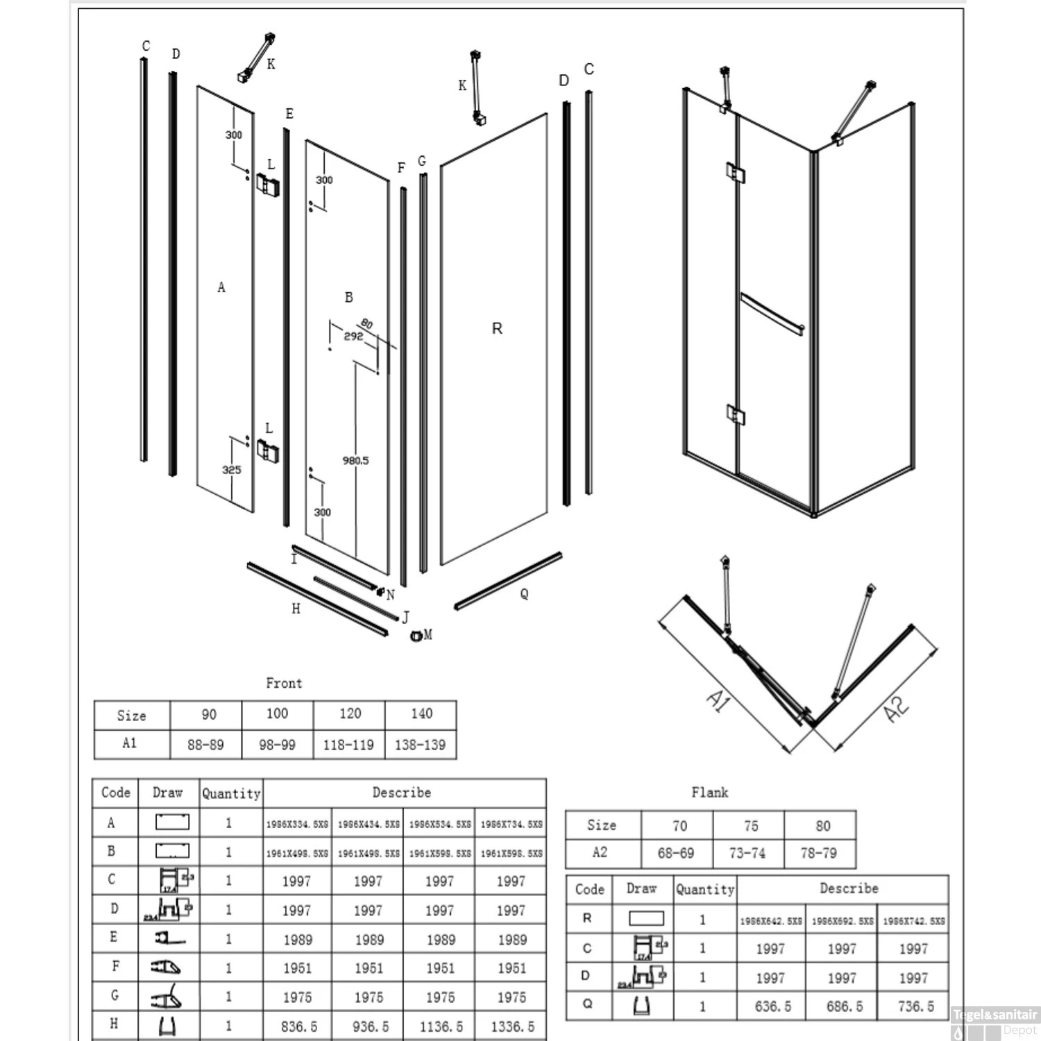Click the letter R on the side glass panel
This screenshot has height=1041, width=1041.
point(497,328)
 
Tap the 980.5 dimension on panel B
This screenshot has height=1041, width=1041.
point(355,460)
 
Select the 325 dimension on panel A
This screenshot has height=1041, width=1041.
point(231,470)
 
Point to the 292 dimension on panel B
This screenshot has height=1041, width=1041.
point(353,336)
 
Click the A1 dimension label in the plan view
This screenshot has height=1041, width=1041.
point(718,702)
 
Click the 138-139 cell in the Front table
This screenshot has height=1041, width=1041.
point(420,745)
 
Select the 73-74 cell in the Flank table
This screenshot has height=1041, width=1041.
point(747,853)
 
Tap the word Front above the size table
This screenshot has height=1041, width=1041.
point(284,683)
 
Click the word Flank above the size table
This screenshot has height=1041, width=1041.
point(709,792)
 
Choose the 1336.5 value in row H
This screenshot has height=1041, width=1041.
point(512,1026)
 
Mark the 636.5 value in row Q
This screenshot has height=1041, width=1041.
point(772,1006)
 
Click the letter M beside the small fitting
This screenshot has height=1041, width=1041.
point(428,634)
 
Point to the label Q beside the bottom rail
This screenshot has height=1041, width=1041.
point(524,593)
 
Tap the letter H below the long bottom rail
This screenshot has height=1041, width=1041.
point(296,609)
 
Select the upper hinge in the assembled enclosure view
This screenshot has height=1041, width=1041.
point(735,172)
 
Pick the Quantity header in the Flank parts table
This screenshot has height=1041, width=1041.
point(705,889)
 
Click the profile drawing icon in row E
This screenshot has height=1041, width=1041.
point(169,939)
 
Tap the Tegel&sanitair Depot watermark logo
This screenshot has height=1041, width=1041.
point(995,1021)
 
